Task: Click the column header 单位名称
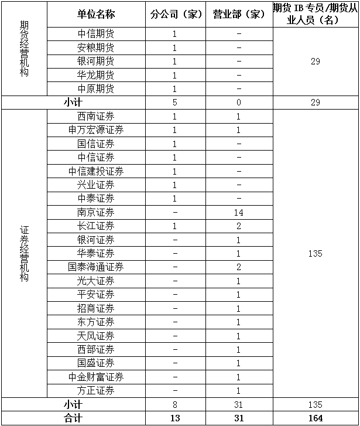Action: click(95, 14)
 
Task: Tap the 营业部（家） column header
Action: click(239, 14)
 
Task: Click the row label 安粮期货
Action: click(95, 47)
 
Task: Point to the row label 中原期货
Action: click(95, 89)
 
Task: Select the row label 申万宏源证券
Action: click(95, 130)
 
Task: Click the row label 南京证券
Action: click(95, 212)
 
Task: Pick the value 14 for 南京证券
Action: click(239, 212)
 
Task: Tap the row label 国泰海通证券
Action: click(95, 267)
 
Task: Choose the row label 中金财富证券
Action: click(95, 377)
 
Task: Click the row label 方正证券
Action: click(95, 391)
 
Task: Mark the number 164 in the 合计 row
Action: click(316, 418)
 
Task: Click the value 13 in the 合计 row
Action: click(175, 418)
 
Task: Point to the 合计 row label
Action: click(73, 418)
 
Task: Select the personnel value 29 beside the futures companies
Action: click(316, 62)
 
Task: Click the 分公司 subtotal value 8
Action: click(175, 404)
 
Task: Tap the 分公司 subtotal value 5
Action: click(175, 103)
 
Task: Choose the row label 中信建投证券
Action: click(95, 171)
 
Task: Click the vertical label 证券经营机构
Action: click(23, 253)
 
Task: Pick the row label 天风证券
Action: click(95, 336)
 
